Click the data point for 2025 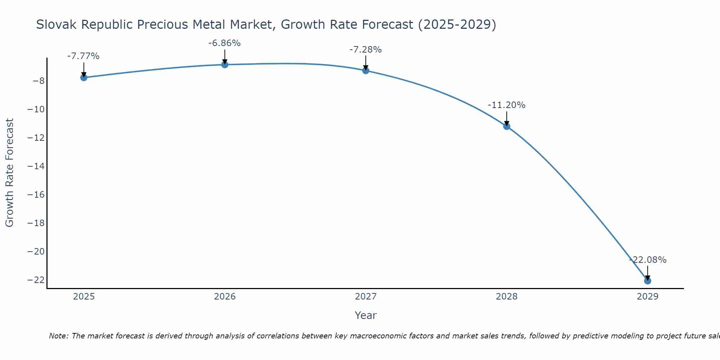click(84, 77)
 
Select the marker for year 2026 click(225, 65)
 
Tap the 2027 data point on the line click(366, 71)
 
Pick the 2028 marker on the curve click(507, 126)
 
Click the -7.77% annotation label click(83, 56)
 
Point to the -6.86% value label click(224, 43)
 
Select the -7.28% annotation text click(365, 50)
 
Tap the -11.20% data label click(507, 105)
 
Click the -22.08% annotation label click(648, 260)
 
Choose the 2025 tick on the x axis click(84, 297)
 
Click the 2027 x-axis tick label click(366, 297)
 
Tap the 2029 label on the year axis click(648, 297)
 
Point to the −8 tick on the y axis click(39, 81)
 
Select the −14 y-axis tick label click(36, 166)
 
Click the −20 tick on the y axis click(36, 251)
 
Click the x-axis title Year click(366, 315)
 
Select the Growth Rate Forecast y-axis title click(10, 173)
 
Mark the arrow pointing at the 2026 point click(225, 57)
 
